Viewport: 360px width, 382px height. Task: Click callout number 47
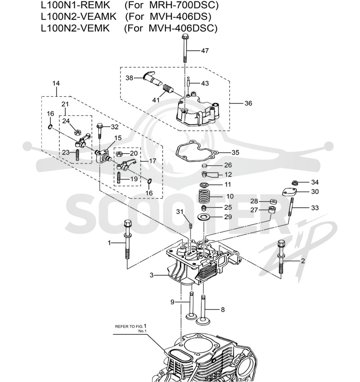point(205,50)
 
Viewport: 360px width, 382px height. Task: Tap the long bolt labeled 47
point(185,49)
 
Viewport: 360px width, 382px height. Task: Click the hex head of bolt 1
point(128,223)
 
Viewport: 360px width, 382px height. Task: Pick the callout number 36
point(248,103)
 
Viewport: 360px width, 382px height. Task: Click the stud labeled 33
point(291,207)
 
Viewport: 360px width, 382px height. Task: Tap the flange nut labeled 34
point(294,182)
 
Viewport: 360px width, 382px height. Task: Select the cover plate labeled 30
point(289,192)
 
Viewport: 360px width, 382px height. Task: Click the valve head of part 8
point(203,321)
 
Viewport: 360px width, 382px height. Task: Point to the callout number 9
point(172,302)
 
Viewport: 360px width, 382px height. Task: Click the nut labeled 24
point(78,133)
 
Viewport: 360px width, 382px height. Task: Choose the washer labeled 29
point(204,216)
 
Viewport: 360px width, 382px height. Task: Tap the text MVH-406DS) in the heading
point(180,16)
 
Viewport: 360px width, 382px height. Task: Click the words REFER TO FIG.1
point(131,326)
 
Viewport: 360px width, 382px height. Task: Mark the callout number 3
point(152,275)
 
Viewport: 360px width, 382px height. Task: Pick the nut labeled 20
point(119,154)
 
